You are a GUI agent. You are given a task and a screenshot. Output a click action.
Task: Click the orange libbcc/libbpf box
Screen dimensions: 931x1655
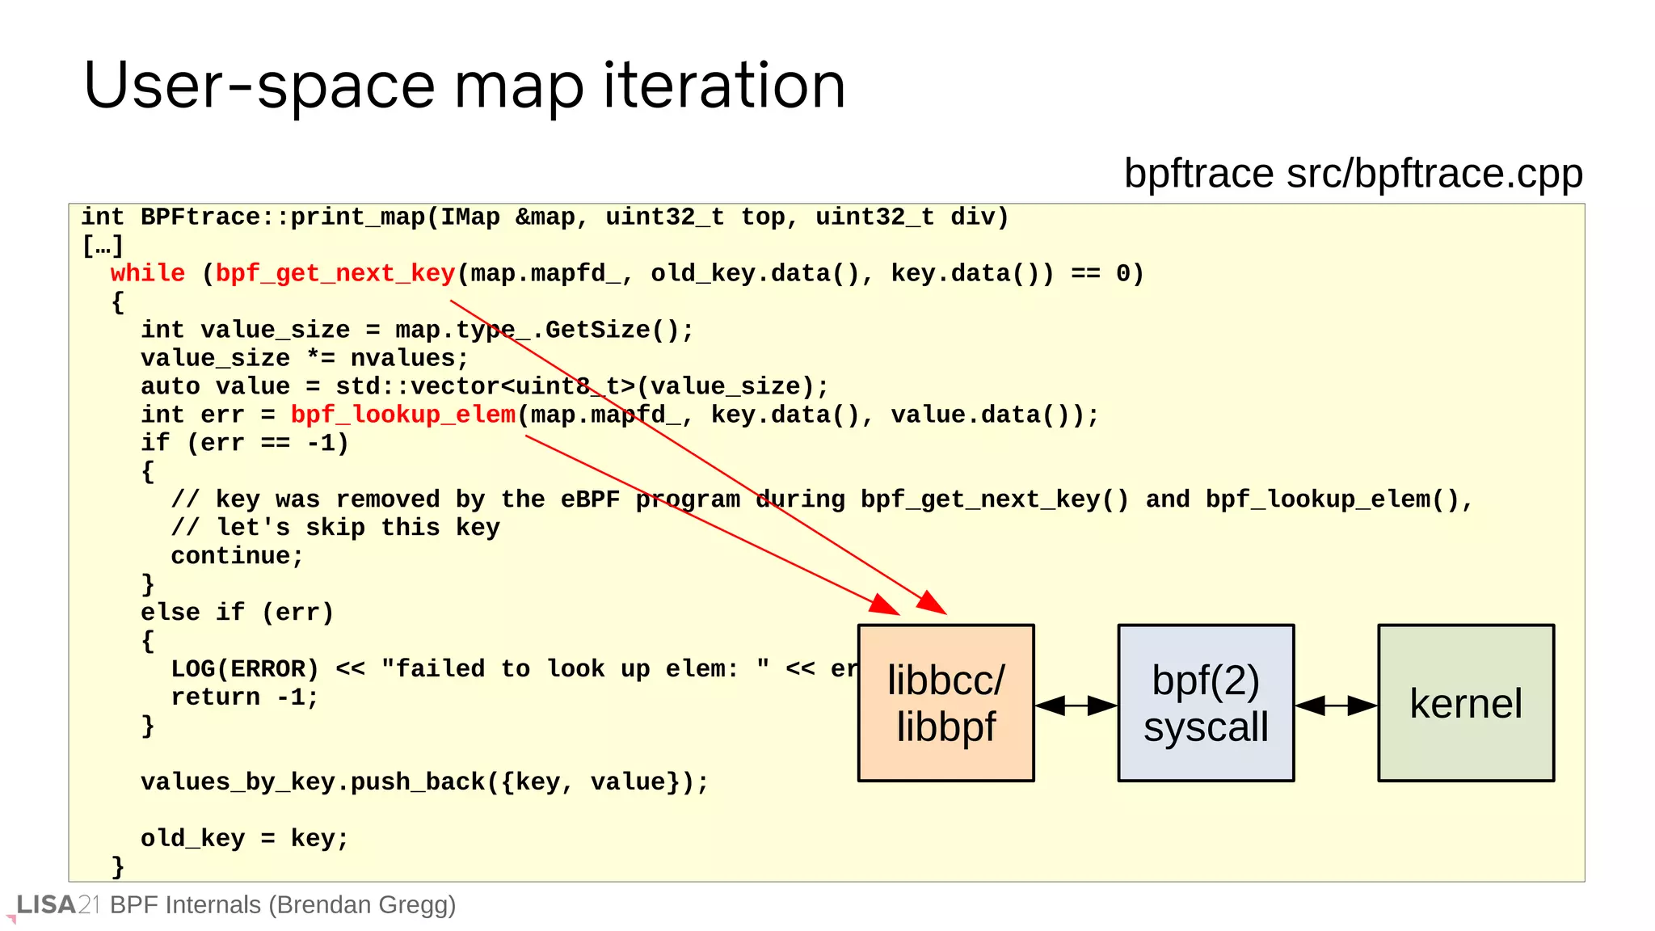click(945, 702)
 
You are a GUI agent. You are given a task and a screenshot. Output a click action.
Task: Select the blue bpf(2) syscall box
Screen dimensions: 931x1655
click(1206, 702)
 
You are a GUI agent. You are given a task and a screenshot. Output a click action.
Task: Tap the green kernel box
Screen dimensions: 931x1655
click(1466, 702)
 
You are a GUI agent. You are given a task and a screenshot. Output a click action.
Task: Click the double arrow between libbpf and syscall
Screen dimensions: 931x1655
click(1076, 706)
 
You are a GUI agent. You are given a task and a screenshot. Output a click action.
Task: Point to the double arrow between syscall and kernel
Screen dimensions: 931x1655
click(1336, 706)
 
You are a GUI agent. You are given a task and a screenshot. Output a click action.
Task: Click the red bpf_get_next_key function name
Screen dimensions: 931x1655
click(335, 273)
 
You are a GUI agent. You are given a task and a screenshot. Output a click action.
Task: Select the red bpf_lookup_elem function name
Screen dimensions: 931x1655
click(402, 415)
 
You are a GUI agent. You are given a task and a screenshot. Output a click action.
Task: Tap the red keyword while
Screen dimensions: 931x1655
click(148, 273)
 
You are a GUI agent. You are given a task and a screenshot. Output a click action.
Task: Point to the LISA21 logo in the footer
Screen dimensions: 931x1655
click(57, 905)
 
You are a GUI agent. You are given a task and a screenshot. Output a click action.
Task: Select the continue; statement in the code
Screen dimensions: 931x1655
click(237, 556)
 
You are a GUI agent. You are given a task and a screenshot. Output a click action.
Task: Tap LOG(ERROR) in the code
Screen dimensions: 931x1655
click(245, 669)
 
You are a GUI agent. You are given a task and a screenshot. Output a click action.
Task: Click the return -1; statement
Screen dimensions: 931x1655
click(245, 697)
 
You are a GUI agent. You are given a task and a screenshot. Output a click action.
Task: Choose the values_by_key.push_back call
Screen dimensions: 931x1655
click(424, 782)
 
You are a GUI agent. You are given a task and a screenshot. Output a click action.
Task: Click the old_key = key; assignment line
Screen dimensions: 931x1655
click(245, 839)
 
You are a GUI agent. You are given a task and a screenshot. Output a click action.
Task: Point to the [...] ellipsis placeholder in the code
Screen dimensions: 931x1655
click(103, 246)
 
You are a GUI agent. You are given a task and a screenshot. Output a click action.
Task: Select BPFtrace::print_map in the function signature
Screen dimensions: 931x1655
click(283, 217)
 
